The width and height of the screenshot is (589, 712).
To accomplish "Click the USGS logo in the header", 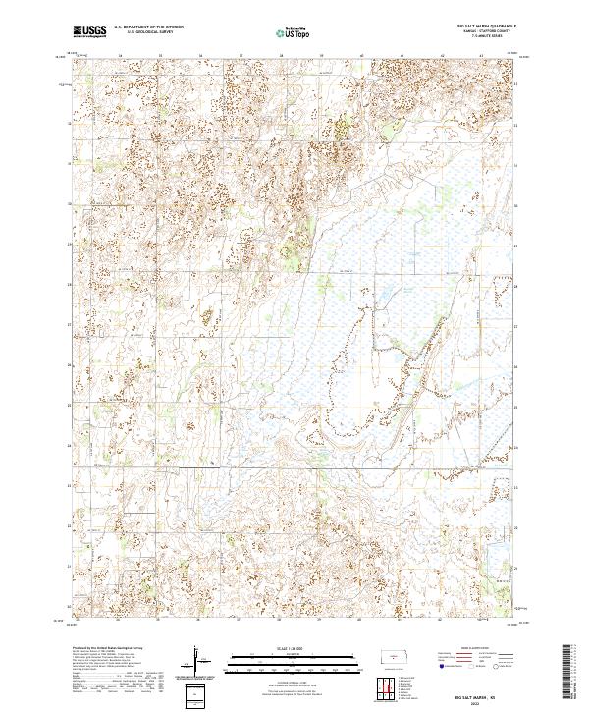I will tap(88, 31).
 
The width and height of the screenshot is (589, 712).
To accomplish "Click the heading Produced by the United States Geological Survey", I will tap(108, 648).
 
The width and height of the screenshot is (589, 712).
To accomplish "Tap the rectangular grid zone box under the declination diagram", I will tap(199, 692).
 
